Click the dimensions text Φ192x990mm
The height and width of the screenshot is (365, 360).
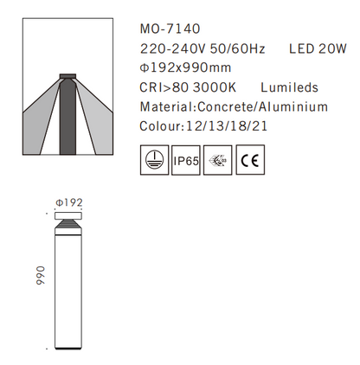(185, 68)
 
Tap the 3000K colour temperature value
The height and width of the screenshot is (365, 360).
(215, 87)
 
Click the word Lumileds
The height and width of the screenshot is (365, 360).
(289, 87)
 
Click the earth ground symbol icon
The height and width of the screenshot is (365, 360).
(152, 161)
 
